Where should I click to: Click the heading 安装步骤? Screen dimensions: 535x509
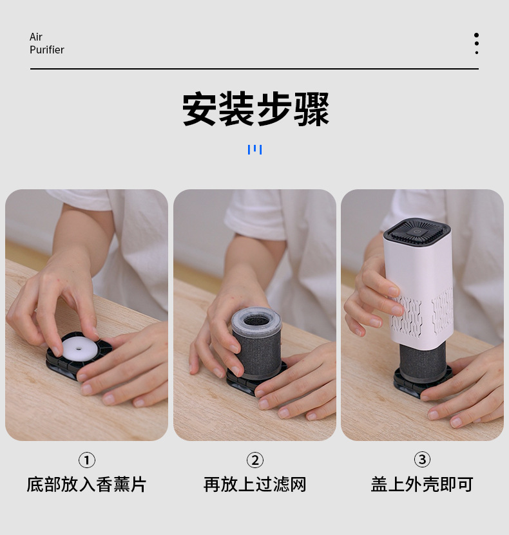click(x=255, y=109)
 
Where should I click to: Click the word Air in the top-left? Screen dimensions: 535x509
click(x=36, y=37)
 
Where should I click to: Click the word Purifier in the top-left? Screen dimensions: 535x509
click(x=47, y=50)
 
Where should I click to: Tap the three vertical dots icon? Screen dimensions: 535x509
click(x=476, y=44)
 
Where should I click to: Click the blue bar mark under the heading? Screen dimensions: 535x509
click(x=254, y=149)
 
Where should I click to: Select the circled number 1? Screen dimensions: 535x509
click(x=86, y=460)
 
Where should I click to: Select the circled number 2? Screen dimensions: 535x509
click(x=255, y=460)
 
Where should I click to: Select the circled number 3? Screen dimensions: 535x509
click(x=422, y=460)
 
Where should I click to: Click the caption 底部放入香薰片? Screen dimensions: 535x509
click(x=86, y=485)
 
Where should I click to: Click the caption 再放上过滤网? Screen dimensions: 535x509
click(x=255, y=485)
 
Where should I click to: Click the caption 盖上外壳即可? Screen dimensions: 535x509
click(x=422, y=485)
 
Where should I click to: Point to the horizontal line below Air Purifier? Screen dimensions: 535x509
click(x=254, y=69)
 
